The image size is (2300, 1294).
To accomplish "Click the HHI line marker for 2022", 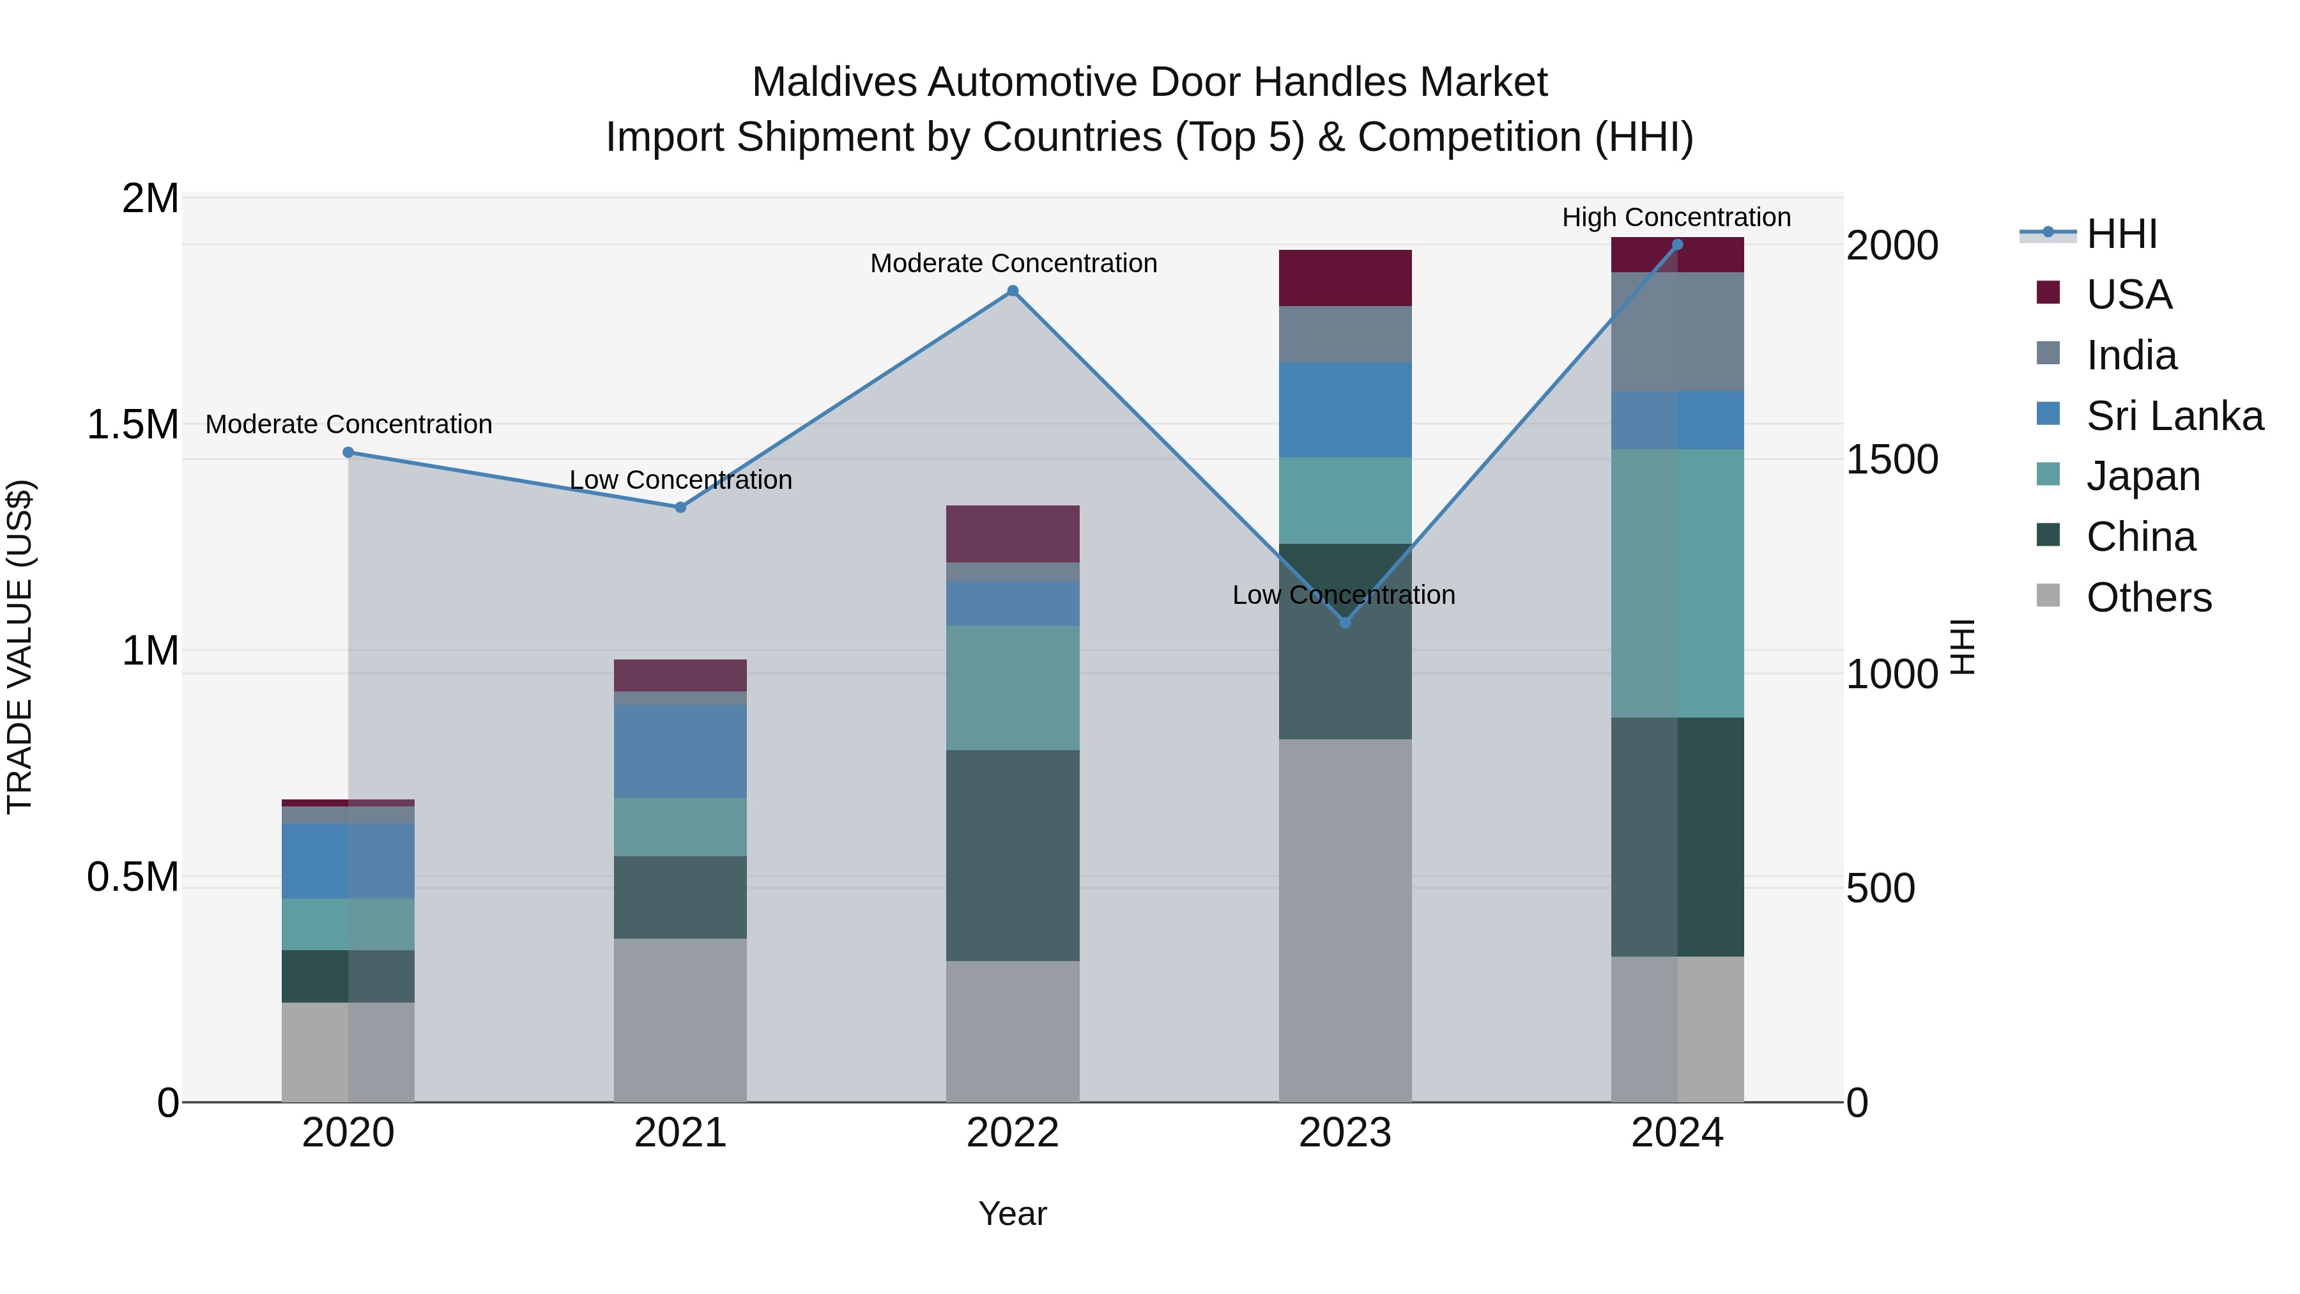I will pyautogui.click(x=1013, y=291).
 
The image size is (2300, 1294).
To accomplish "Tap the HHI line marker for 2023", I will pyautogui.click(x=1345, y=622).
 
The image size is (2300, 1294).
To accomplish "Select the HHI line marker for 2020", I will pyautogui.click(x=348, y=453).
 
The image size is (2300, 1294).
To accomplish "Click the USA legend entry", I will pyautogui.click(x=2129, y=295).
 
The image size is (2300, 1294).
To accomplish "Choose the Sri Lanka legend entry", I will pyautogui.click(x=2174, y=416).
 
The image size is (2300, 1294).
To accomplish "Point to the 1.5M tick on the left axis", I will pyautogui.click(x=133, y=425).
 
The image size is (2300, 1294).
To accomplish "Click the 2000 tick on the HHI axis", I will pyautogui.click(x=1892, y=245).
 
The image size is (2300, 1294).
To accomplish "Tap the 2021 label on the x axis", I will pyautogui.click(x=680, y=1133).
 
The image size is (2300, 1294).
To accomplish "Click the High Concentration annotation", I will pyautogui.click(x=1676, y=217).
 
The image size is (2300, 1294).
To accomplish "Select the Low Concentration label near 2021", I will pyautogui.click(x=680, y=481).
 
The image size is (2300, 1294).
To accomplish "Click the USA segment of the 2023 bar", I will pyautogui.click(x=1345, y=278).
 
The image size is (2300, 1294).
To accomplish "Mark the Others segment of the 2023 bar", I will pyautogui.click(x=1345, y=920).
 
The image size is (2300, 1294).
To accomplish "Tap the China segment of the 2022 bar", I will pyautogui.click(x=1013, y=856).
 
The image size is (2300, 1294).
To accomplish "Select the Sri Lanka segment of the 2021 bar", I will pyautogui.click(x=680, y=751).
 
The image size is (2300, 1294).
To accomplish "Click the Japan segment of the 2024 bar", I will pyautogui.click(x=1677, y=583).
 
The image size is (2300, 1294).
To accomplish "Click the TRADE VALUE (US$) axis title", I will pyautogui.click(x=20, y=647).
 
